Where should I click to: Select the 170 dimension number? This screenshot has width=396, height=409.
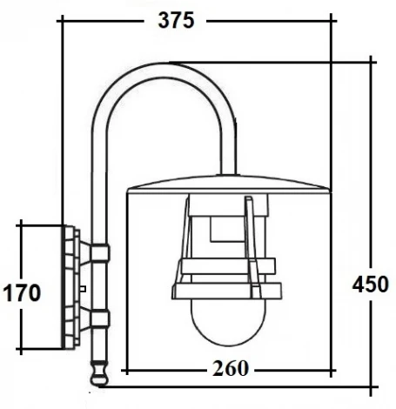20,292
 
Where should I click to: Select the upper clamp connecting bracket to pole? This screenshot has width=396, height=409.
97,253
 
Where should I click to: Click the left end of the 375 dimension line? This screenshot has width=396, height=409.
60,22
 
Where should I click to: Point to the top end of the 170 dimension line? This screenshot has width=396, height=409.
20,225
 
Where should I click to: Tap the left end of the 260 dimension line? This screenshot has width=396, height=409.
128,368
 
